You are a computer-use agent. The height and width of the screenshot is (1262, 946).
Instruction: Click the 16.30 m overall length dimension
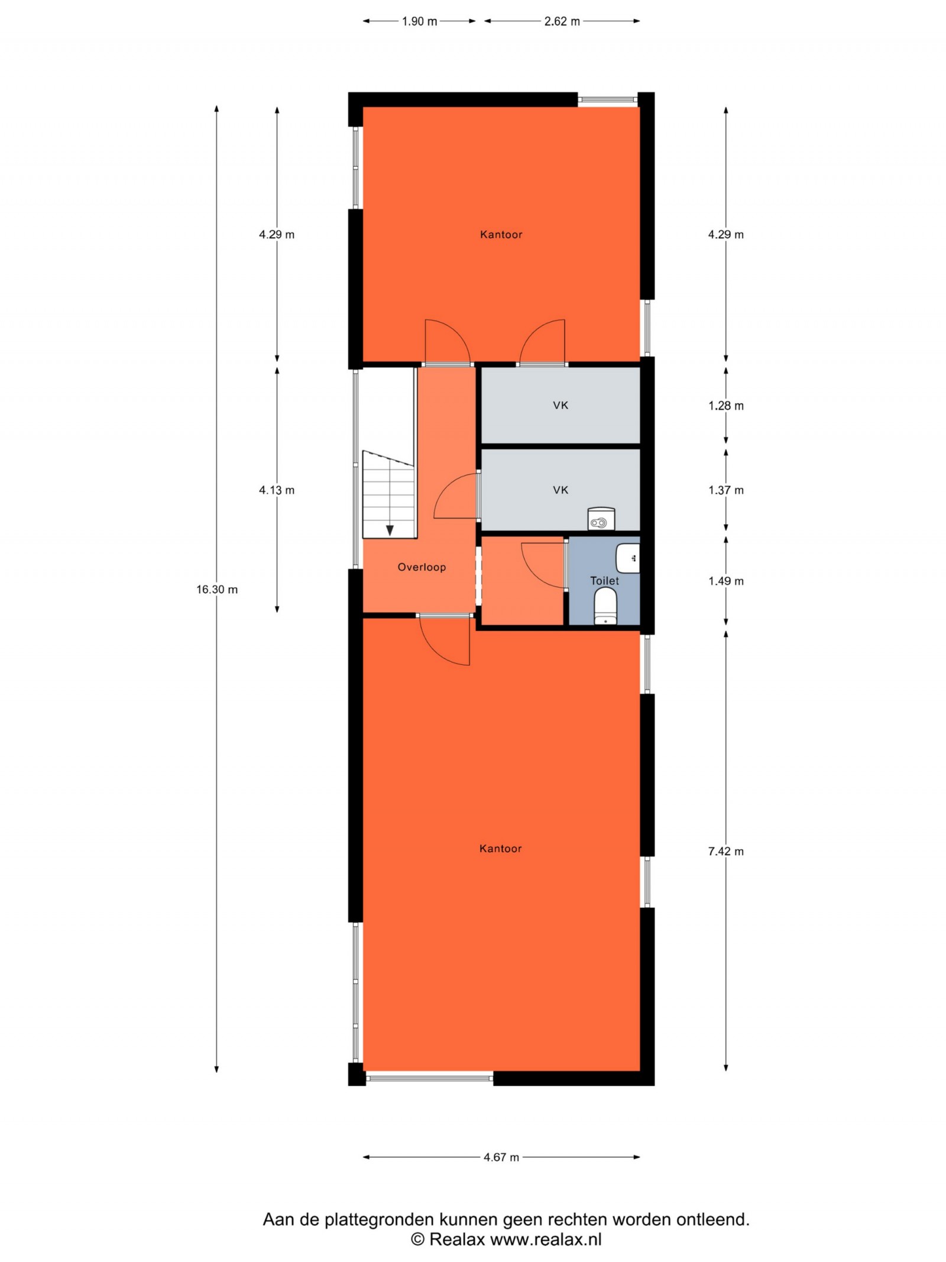click(x=217, y=590)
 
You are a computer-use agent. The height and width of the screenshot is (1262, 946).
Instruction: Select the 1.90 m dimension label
click(x=420, y=21)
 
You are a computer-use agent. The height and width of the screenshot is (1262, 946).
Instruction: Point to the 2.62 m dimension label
click(x=562, y=21)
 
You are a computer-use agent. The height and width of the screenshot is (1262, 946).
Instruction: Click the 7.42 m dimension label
click(x=726, y=852)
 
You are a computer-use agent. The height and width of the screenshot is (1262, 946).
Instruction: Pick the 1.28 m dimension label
click(x=726, y=406)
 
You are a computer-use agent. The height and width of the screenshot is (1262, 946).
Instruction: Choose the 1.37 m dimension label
click(x=726, y=490)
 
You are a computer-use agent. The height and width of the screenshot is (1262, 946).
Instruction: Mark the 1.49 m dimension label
click(x=726, y=581)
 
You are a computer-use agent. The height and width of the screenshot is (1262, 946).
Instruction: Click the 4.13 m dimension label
click(x=277, y=490)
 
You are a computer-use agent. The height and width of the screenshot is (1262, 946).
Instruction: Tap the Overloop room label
click(x=422, y=567)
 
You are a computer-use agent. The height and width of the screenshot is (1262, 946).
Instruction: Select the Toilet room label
click(x=604, y=581)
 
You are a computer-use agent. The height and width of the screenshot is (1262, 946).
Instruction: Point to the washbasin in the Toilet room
click(x=628, y=558)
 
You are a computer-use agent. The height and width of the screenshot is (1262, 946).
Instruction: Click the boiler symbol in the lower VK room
click(x=601, y=519)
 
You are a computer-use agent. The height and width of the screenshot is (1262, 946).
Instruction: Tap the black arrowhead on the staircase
click(x=390, y=530)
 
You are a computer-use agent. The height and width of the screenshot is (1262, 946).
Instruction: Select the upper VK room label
click(x=561, y=405)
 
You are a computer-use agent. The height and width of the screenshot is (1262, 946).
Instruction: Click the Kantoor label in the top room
click(x=501, y=235)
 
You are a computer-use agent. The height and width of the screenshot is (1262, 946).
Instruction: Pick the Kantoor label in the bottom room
click(x=501, y=849)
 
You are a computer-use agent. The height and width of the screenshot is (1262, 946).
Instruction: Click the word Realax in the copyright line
click(x=457, y=1239)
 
